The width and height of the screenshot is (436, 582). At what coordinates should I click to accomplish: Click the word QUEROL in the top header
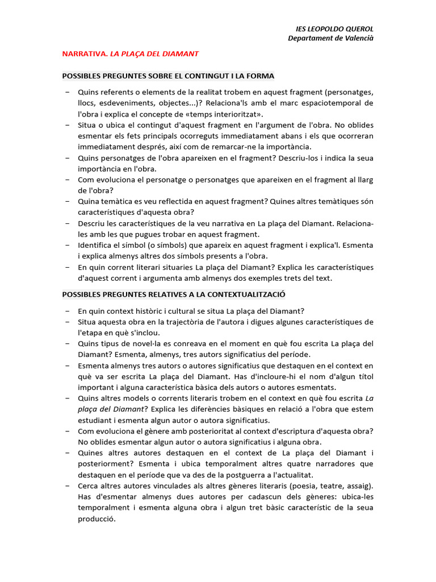(x=358, y=29)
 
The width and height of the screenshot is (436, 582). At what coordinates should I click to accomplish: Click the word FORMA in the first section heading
(x=260, y=76)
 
